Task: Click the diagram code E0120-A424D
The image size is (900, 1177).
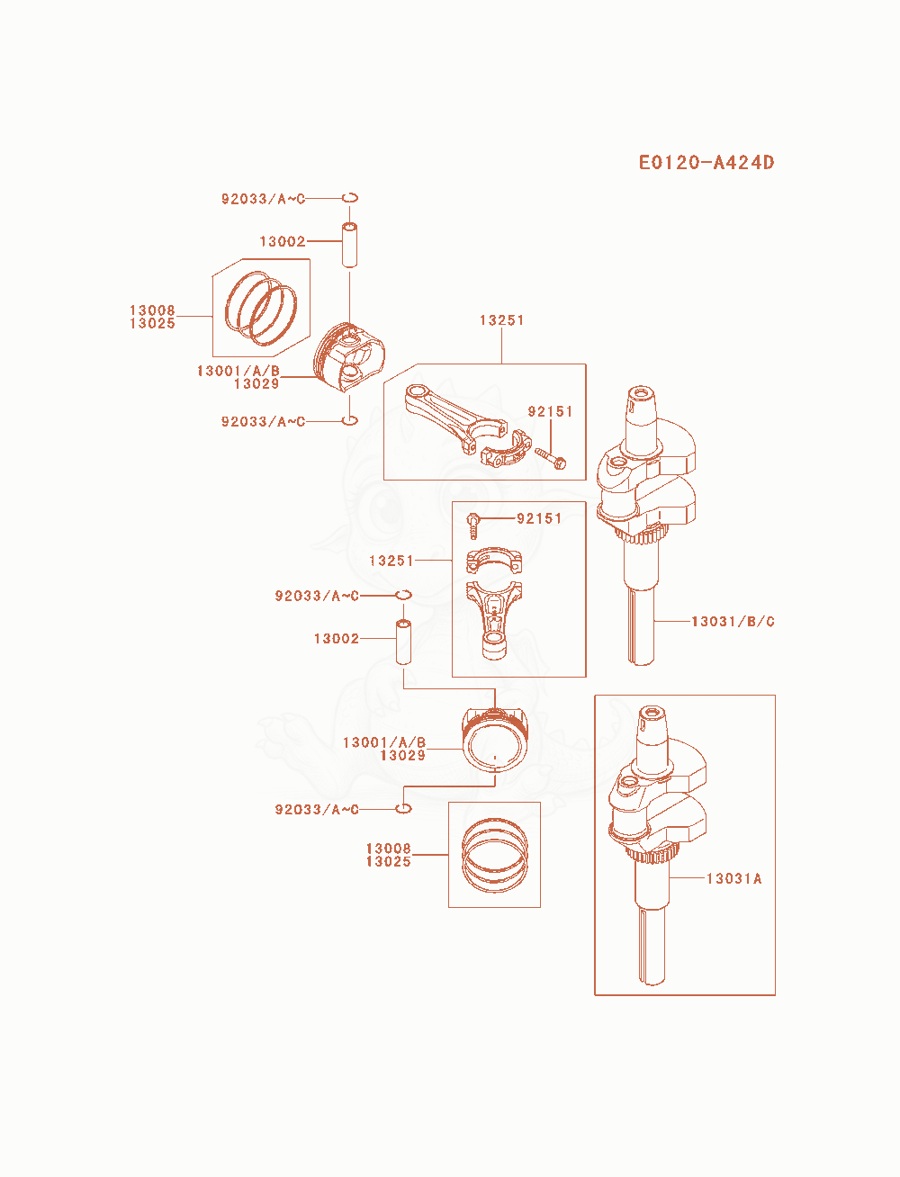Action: (706, 162)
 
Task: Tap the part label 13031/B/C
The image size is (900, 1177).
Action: (733, 622)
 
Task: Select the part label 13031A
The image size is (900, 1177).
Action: (733, 878)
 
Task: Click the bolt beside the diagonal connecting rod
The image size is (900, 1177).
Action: (550, 458)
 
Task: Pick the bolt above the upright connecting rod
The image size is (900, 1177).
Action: (472, 526)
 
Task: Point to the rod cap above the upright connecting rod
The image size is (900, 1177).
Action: (494, 561)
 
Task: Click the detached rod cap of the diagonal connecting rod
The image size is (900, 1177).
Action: (506, 449)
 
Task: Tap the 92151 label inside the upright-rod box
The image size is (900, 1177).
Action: (539, 518)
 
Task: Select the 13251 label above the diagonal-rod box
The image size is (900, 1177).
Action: (501, 320)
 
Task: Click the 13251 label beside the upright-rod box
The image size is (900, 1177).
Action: (391, 561)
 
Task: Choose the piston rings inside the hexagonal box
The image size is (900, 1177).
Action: (261, 309)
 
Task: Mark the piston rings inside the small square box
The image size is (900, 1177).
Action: (494, 855)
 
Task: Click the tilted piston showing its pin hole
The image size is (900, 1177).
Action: (349, 356)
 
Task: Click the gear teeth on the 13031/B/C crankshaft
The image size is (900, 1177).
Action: (643, 536)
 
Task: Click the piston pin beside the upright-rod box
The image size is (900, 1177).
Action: (403, 642)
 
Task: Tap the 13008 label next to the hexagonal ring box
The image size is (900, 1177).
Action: (152, 310)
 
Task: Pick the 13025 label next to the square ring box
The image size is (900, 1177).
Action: (388, 861)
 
